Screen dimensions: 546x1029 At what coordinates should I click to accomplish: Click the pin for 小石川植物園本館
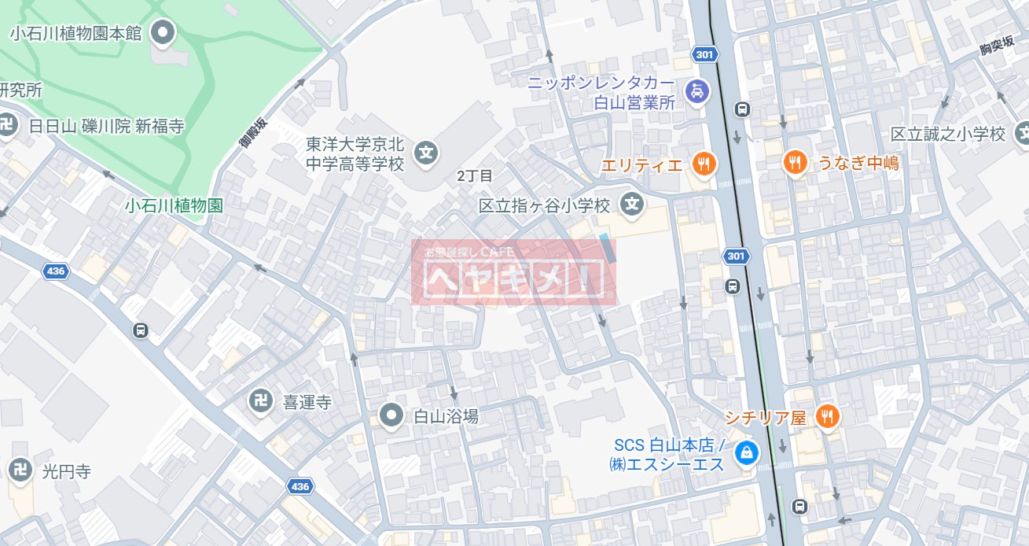(x=164, y=33)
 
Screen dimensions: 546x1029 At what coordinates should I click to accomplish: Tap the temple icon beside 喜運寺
(x=261, y=402)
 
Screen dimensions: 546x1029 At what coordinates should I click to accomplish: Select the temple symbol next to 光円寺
(x=20, y=470)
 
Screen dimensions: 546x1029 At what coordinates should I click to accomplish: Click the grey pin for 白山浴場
(x=391, y=415)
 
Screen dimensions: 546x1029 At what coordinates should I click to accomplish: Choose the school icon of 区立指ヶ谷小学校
(x=631, y=205)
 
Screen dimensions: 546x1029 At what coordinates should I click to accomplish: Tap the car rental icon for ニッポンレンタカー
(x=696, y=91)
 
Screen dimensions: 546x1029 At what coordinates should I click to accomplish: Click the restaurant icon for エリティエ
(x=703, y=164)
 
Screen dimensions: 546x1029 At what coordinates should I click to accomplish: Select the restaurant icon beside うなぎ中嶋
(x=796, y=163)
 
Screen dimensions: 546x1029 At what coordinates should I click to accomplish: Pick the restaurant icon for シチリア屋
(x=826, y=416)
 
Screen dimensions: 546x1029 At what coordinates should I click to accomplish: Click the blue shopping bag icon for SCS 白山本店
(x=743, y=452)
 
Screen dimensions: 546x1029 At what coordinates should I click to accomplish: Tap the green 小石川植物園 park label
(x=174, y=205)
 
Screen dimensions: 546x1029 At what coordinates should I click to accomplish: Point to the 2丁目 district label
(x=475, y=176)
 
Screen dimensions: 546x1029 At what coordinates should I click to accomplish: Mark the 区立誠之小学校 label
(x=948, y=134)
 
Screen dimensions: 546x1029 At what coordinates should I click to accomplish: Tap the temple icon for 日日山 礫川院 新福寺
(x=7, y=125)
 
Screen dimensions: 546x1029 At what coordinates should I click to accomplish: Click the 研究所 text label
(x=20, y=90)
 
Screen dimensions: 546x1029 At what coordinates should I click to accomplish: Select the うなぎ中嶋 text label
(x=858, y=163)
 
